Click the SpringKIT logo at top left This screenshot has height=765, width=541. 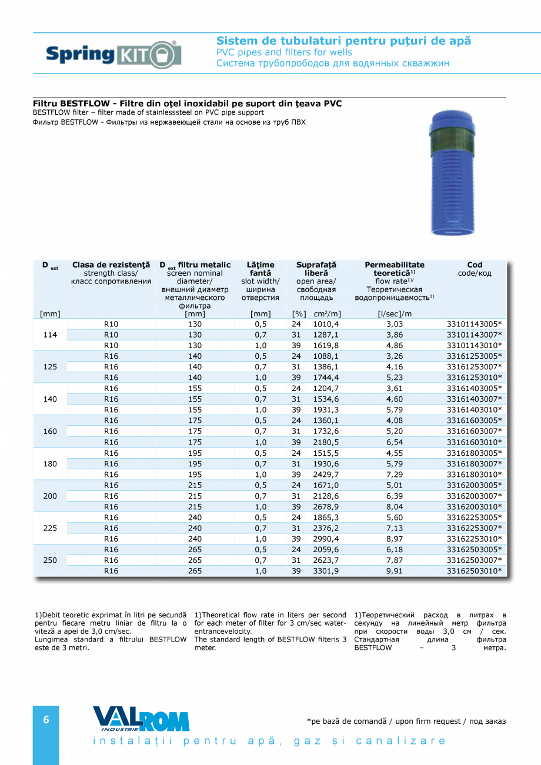tap(113, 55)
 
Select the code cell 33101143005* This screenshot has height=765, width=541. tap(474, 324)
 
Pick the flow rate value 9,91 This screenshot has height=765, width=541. tap(394, 571)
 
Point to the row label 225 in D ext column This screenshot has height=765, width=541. tap(51, 528)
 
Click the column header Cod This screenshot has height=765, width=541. tap(475, 265)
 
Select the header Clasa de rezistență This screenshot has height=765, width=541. tap(111, 265)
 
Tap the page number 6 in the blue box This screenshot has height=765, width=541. tap(46, 720)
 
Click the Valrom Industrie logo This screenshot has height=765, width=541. tap(141, 719)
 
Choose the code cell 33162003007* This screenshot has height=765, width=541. tap(474, 496)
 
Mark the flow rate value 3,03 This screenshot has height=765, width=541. tap(394, 324)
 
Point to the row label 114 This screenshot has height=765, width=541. tap(51, 335)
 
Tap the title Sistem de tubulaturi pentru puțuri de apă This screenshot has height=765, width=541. tap(343, 41)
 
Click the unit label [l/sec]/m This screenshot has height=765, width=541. tap(394, 314)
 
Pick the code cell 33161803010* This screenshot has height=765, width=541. tap(474, 475)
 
